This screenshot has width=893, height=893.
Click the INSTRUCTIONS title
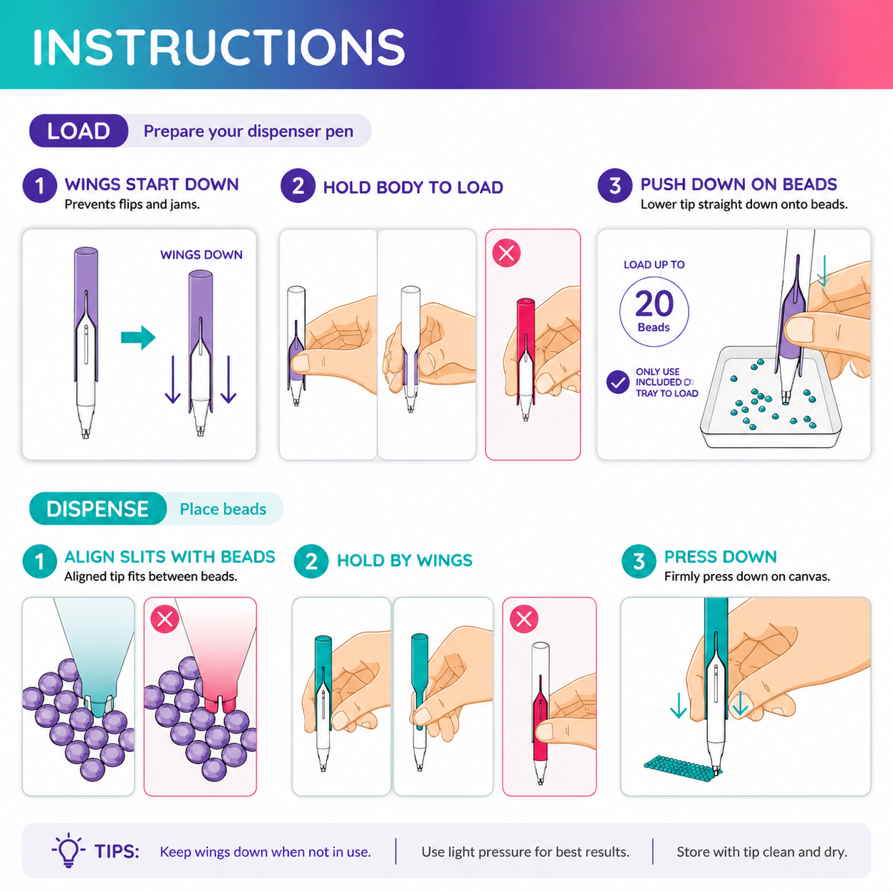point(219,47)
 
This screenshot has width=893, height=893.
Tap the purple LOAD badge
point(78,131)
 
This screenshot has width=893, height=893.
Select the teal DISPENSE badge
point(98,508)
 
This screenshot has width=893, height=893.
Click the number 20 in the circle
point(654,303)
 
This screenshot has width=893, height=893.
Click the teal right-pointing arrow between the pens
point(138,338)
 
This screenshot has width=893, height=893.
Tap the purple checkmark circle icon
point(617,382)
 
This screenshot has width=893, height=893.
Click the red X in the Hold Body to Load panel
point(506,253)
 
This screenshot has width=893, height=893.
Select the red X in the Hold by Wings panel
point(524,619)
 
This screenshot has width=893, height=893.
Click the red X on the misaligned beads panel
point(165,619)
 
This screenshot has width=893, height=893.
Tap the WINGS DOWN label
point(201,255)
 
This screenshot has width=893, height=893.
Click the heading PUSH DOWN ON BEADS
point(738,184)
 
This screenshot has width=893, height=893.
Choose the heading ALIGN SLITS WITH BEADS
point(169,557)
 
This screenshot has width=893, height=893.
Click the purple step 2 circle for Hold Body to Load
point(298,186)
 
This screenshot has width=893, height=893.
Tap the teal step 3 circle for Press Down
point(639,561)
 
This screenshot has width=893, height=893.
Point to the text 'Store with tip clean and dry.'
point(762,852)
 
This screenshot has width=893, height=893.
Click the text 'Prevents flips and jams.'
point(132,204)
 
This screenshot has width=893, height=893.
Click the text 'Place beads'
point(223,509)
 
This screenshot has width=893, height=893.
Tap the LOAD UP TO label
point(654,265)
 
